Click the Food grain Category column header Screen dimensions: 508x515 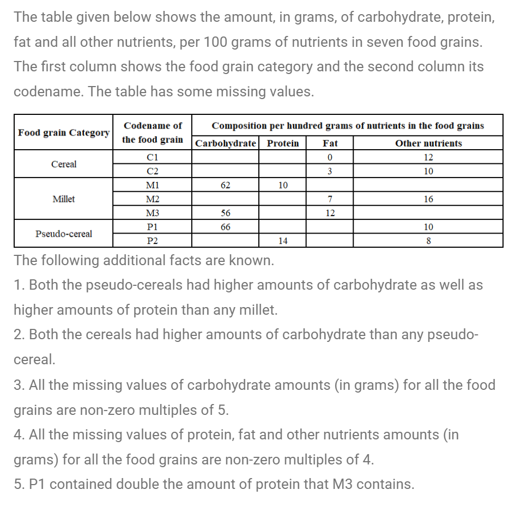click(x=64, y=133)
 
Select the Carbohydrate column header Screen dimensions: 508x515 click(x=226, y=144)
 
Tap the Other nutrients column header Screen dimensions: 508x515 click(x=428, y=144)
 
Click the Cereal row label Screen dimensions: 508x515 click(x=64, y=164)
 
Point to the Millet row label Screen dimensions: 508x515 click(x=64, y=199)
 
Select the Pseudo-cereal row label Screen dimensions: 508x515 click(x=64, y=234)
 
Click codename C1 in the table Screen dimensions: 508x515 click(x=153, y=157)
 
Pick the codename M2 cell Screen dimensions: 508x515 click(x=153, y=199)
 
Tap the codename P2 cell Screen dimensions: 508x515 click(x=153, y=241)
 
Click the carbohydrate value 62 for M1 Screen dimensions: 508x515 click(x=225, y=185)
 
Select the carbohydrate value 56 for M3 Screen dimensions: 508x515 click(x=225, y=213)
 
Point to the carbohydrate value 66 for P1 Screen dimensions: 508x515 click(x=225, y=227)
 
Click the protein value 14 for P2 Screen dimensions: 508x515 click(x=283, y=241)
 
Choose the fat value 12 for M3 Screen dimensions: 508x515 click(x=330, y=213)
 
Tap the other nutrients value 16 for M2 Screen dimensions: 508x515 click(x=428, y=199)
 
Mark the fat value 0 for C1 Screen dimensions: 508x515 click(x=330, y=157)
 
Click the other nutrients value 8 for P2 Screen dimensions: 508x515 click(x=428, y=241)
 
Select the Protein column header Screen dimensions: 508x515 click(x=283, y=144)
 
